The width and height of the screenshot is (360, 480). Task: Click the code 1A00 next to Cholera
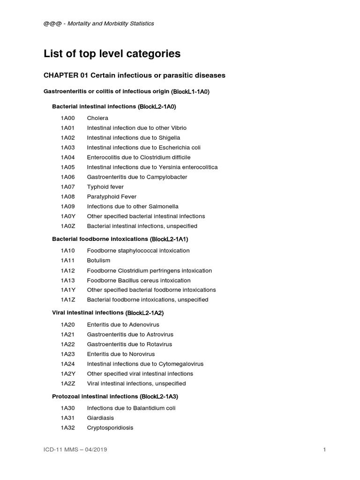pyautogui.click(x=67, y=118)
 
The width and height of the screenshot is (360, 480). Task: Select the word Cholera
pyautogui.click(x=97, y=118)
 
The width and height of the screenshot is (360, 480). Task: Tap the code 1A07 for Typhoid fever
pyautogui.click(x=67, y=187)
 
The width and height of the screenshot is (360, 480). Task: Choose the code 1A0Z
pyautogui.click(x=67, y=226)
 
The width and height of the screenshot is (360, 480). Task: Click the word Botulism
pyautogui.click(x=98, y=261)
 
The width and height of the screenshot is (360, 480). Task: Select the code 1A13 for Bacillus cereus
pyautogui.click(x=67, y=280)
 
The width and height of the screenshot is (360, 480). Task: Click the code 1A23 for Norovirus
pyautogui.click(x=67, y=354)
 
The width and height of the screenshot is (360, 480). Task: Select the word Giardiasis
pyautogui.click(x=100, y=418)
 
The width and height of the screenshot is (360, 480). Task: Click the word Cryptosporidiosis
pyautogui.click(x=110, y=428)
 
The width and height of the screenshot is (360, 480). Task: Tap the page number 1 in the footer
pyautogui.click(x=324, y=450)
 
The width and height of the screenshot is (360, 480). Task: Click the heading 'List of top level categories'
pyautogui.click(x=112, y=54)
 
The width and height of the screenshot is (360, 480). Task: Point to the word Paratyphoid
pyautogui.click(x=103, y=197)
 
